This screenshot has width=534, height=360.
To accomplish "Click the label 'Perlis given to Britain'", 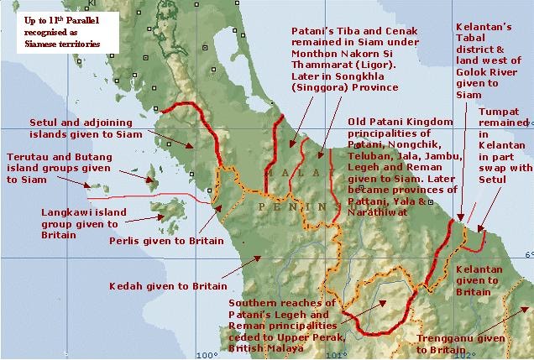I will [x=166, y=240].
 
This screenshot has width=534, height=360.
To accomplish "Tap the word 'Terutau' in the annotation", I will [x=26, y=156].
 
